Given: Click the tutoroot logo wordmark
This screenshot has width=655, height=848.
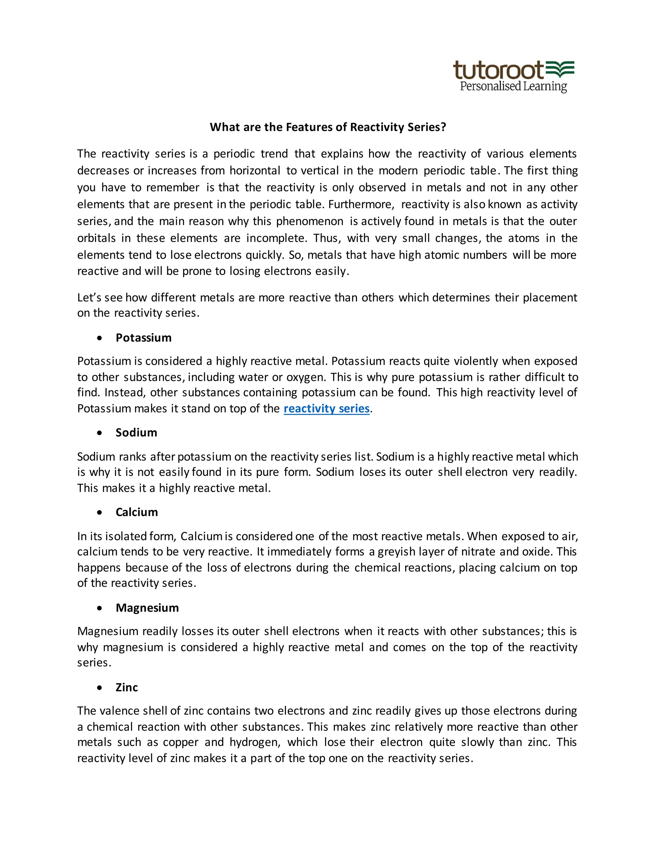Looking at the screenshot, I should tap(498, 70).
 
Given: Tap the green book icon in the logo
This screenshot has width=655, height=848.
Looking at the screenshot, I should tap(560, 69).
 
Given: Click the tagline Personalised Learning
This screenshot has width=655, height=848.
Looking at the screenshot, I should tap(513, 86).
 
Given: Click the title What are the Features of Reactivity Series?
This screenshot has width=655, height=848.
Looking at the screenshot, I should tap(328, 127).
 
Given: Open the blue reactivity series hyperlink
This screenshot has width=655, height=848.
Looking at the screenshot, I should tap(326, 408).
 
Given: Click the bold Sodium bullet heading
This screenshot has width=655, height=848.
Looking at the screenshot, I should tap(136, 433).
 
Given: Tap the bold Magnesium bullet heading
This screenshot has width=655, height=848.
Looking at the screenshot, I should tap(147, 608).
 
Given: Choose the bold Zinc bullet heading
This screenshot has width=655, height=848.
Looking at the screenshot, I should tap(127, 687).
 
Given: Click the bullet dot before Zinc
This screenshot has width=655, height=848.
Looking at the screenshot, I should tap(100, 688).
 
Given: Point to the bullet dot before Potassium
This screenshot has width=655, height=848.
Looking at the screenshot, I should tap(100, 338).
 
